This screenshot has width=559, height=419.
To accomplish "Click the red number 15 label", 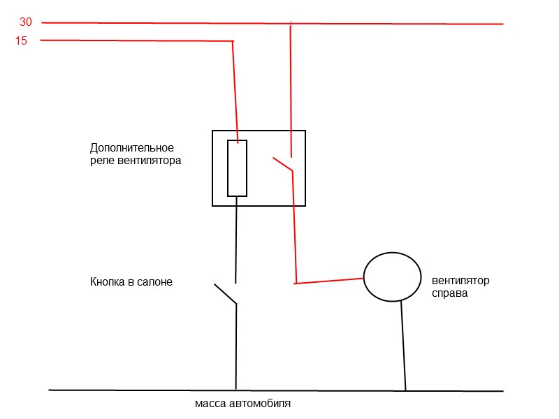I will [21, 41].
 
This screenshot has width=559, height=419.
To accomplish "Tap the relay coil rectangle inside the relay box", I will [237, 168].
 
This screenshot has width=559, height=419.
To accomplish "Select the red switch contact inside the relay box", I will [283, 164].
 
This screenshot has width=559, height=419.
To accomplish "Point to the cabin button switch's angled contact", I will [225, 293].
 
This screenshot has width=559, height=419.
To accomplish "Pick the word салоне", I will [154, 282].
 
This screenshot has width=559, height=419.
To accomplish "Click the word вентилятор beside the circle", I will [460, 281].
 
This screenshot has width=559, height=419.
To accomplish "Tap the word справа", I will [449, 293].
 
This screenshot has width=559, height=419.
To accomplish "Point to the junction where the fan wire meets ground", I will [405, 390].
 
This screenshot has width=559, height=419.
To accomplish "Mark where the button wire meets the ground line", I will [236, 389].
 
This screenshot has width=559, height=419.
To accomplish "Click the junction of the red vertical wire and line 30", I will [290, 24].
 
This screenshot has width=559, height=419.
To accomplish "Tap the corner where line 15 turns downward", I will [233, 41].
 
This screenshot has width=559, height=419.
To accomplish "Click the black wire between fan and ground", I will [403, 346].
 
